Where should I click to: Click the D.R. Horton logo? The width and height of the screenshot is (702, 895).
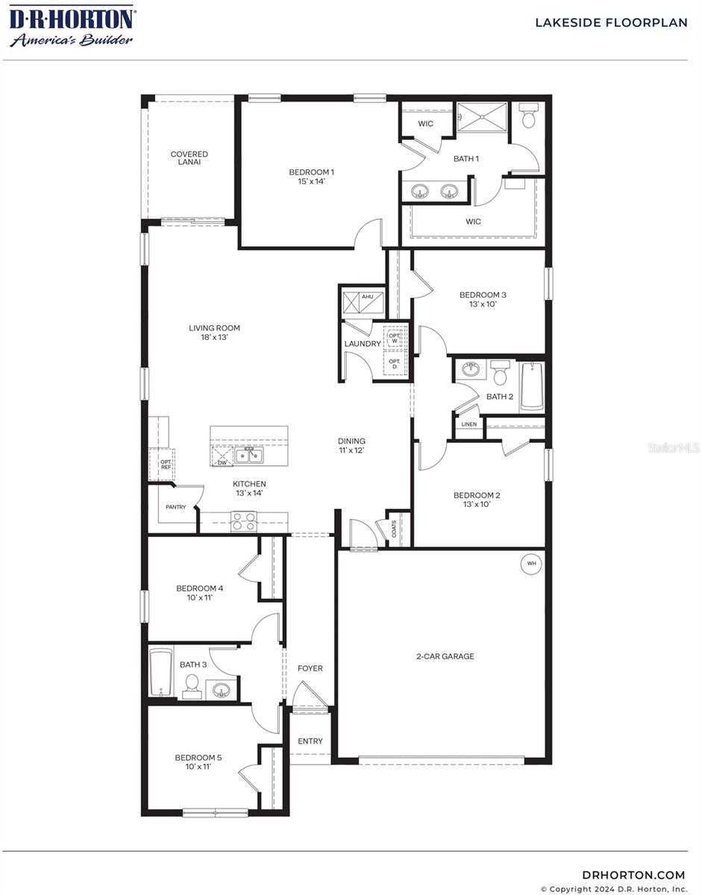(x=72, y=26)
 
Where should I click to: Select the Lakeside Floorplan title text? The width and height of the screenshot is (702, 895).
(x=610, y=23)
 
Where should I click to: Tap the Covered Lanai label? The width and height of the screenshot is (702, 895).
(x=189, y=158)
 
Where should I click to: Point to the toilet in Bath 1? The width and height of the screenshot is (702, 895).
(x=529, y=118)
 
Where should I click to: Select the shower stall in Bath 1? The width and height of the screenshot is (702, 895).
(x=481, y=118)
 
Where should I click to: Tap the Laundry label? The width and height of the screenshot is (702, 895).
(x=362, y=344)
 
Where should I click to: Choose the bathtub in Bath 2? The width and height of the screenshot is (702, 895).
(x=531, y=386)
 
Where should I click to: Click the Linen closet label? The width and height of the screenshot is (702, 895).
(x=468, y=424)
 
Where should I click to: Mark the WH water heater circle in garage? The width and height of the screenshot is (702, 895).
(x=532, y=564)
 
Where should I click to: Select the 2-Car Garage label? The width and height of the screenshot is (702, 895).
(x=445, y=657)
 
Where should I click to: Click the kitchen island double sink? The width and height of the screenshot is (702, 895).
(x=248, y=456)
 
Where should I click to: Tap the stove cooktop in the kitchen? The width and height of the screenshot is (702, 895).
(x=243, y=521)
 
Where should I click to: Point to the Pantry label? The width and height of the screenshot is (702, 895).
(x=176, y=507)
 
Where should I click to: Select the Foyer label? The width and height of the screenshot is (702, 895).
(x=310, y=668)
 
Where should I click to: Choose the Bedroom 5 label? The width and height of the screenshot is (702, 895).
(x=198, y=761)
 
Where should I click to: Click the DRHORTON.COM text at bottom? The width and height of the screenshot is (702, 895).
(x=633, y=875)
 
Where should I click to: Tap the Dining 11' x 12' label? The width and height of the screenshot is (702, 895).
(x=351, y=446)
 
